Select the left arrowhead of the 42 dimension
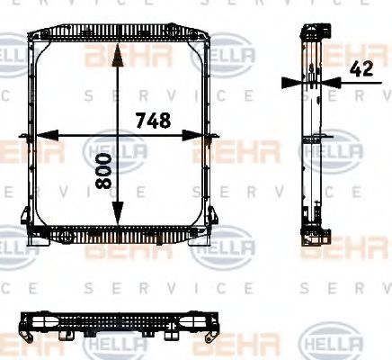tap(290, 82)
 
